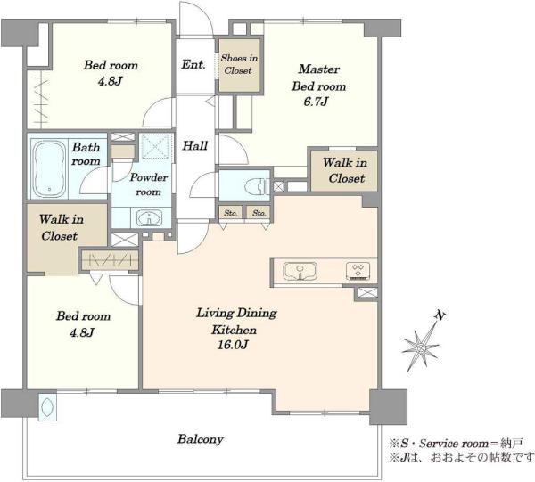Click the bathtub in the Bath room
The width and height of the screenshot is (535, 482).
(48, 169)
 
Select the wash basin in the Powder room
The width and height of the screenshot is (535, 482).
(149, 217)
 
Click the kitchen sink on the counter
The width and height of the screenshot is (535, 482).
(300, 271)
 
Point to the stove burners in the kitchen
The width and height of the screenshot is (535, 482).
(358, 271)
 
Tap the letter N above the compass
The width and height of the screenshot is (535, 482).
(440, 315)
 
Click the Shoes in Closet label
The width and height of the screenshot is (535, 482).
(239, 64)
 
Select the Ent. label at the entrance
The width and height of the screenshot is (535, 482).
(193, 64)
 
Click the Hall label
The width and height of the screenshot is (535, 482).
(194, 146)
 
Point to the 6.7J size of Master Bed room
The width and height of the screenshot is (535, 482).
(316, 102)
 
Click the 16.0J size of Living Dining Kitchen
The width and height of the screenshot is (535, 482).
(233, 345)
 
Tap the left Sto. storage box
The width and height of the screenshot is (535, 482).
(231, 213)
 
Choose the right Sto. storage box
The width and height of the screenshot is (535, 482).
(259, 213)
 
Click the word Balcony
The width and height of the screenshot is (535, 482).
(201, 439)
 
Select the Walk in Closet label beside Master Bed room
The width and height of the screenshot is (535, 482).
(345, 170)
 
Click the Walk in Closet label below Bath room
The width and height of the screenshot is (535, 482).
(61, 227)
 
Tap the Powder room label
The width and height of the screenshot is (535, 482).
(149, 184)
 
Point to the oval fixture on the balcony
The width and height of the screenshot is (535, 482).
(47, 407)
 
